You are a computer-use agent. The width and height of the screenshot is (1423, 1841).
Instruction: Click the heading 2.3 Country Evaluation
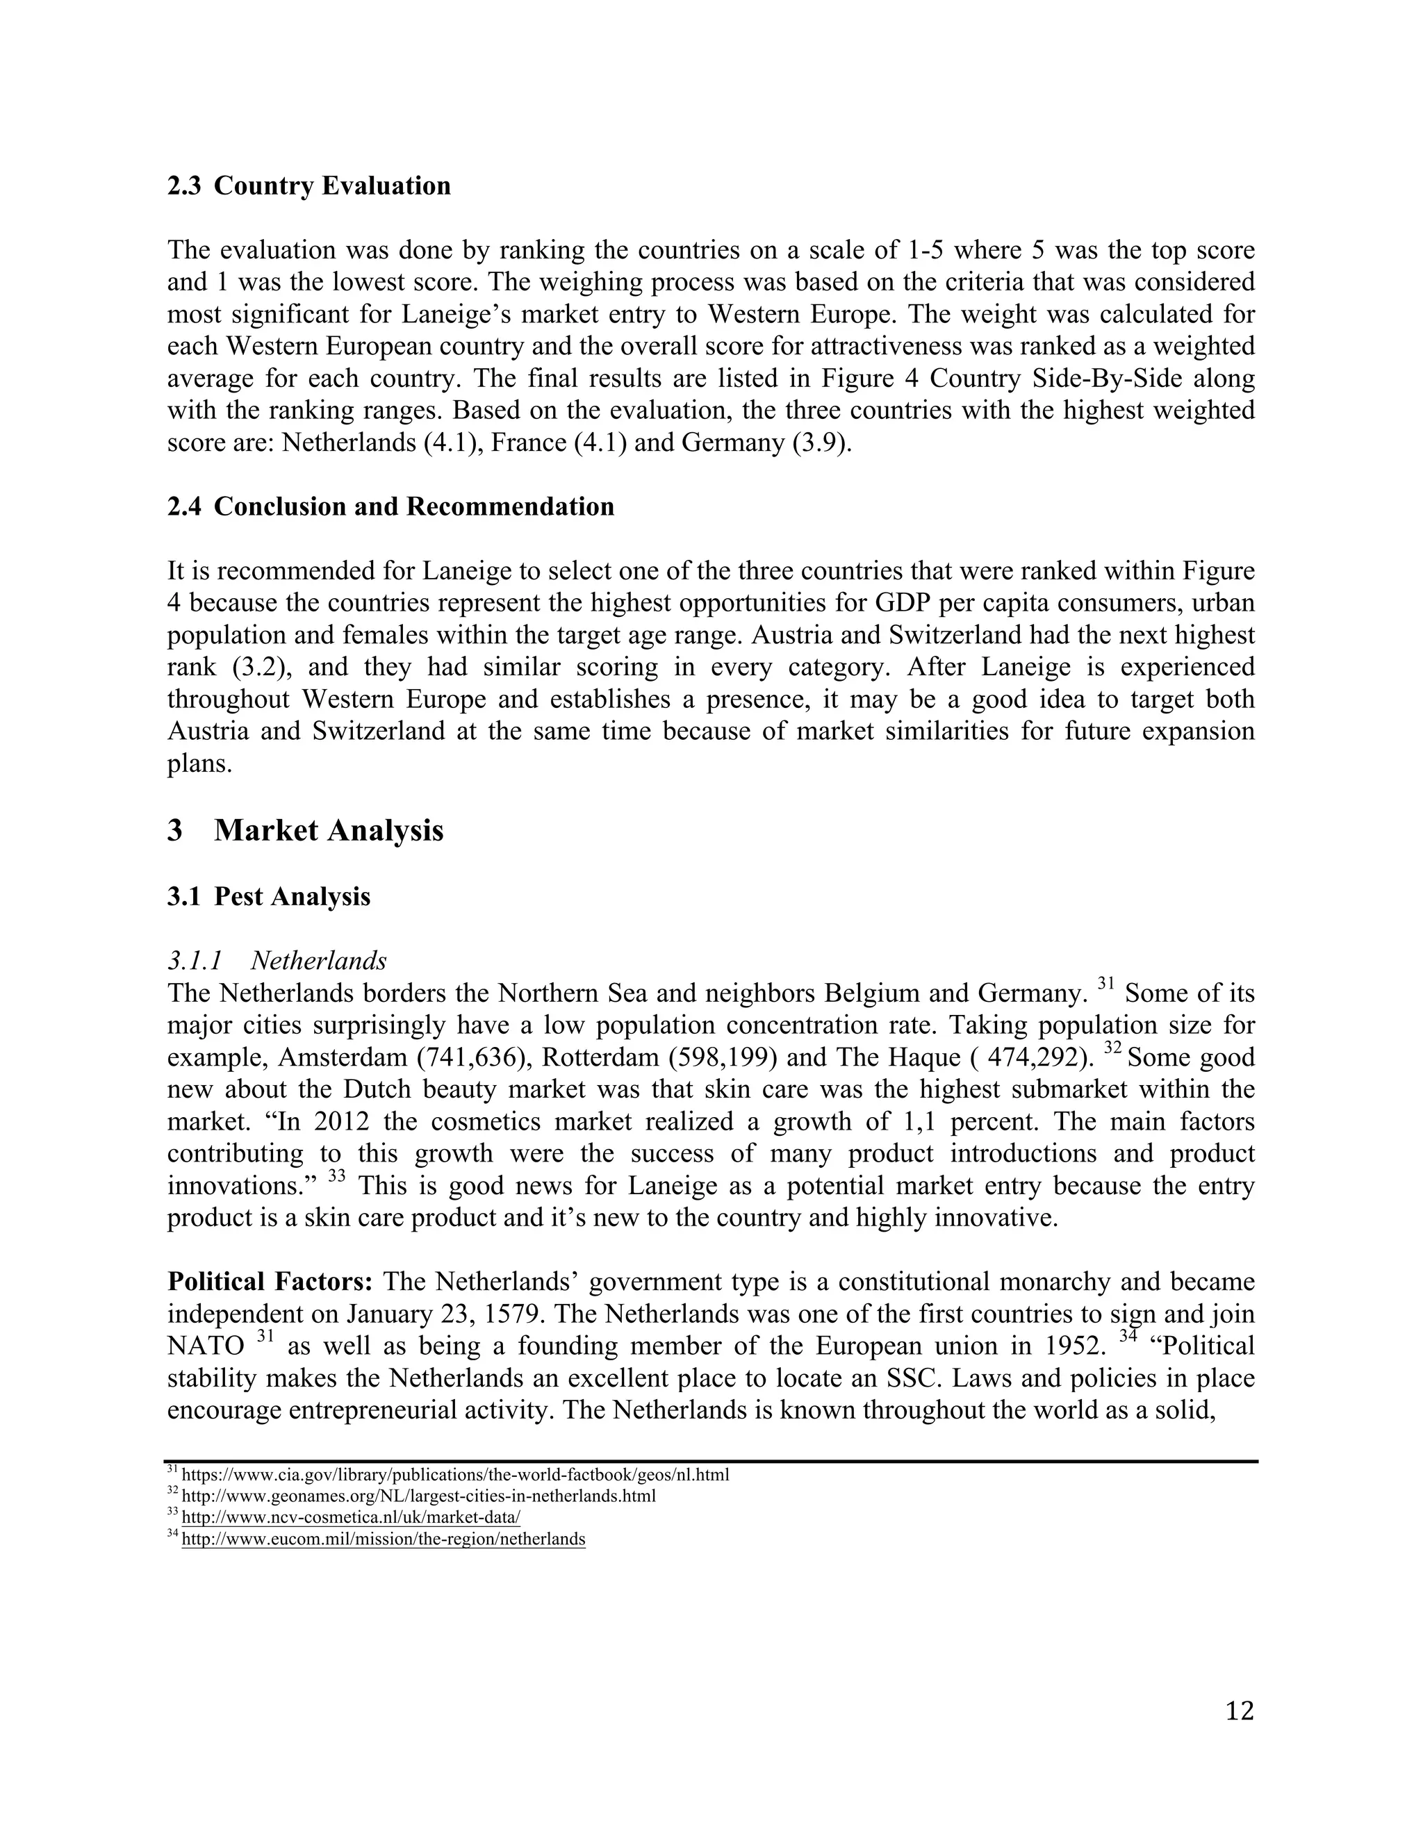click(x=309, y=185)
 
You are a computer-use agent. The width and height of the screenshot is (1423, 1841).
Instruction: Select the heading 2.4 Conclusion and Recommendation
click(x=390, y=506)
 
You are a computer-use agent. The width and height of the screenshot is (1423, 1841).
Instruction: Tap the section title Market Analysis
click(x=328, y=830)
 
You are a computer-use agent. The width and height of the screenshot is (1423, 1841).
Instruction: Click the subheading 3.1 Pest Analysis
click(x=268, y=896)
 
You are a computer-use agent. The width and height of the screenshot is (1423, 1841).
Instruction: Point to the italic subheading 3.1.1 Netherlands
click(x=277, y=960)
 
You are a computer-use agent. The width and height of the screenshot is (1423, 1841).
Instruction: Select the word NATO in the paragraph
click(x=206, y=1346)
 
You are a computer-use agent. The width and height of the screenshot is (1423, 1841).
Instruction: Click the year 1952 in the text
click(x=1074, y=1346)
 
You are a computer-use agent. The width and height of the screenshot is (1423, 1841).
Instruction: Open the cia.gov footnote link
click(x=455, y=1475)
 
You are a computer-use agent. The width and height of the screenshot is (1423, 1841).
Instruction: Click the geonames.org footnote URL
click(x=418, y=1496)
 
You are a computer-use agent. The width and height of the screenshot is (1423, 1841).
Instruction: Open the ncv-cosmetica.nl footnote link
click(x=351, y=1517)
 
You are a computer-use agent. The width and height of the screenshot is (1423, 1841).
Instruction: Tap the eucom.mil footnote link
click(x=383, y=1538)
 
